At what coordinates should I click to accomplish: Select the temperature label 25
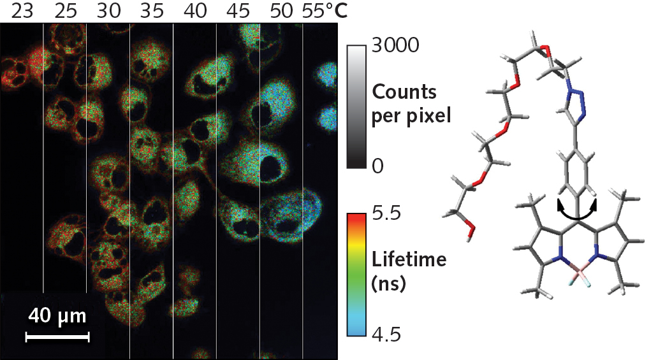click(65, 11)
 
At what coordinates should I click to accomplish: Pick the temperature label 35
click(150, 11)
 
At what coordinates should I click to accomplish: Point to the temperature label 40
click(194, 11)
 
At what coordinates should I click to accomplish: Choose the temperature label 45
click(237, 11)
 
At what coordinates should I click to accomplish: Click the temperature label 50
click(281, 11)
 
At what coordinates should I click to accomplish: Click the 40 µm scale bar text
click(57, 316)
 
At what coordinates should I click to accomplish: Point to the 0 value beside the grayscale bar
click(377, 166)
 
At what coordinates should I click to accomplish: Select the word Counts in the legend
click(404, 92)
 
